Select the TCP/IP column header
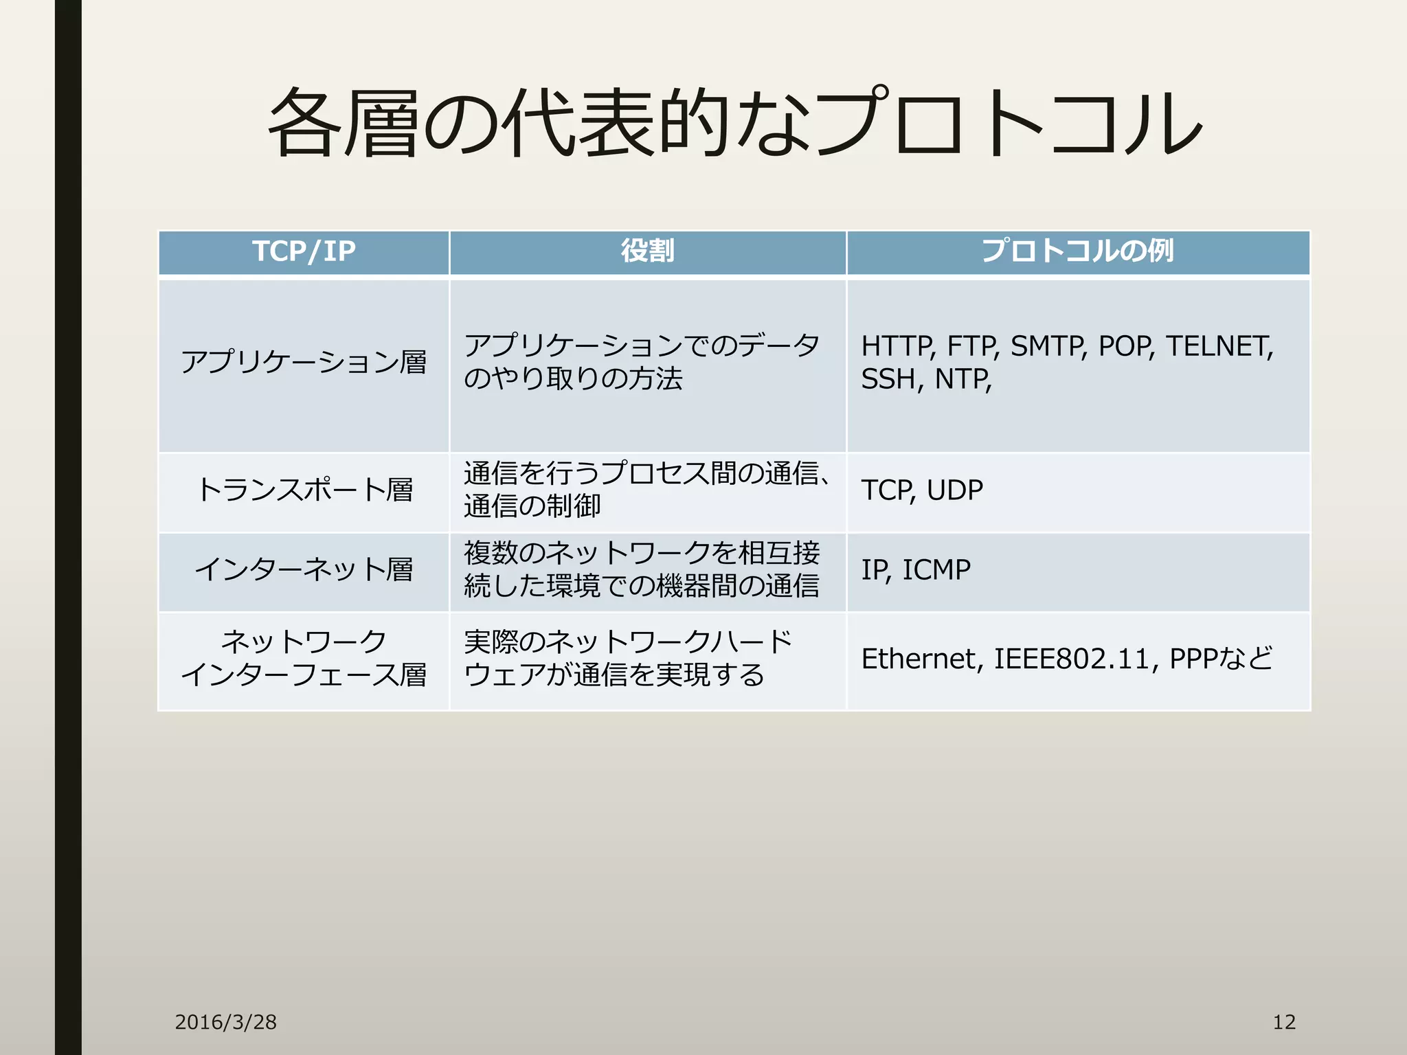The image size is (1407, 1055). click(x=304, y=251)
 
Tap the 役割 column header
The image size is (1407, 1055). click(x=647, y=251)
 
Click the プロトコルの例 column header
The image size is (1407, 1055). click(x=1077, y=251)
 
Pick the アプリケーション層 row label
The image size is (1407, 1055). click(x=304, y=363)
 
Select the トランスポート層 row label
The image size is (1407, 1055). click(x=304, y=490)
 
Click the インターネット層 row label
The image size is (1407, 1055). click(x=304, y=570)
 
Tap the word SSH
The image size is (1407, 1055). click(x=888, y=380)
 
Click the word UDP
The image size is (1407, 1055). click(x=954, y=490)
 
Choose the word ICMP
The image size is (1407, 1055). click(x=936, y=570)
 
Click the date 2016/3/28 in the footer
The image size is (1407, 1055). click(x=225, y=1022)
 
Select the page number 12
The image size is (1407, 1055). click(x=1284, y=1022)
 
